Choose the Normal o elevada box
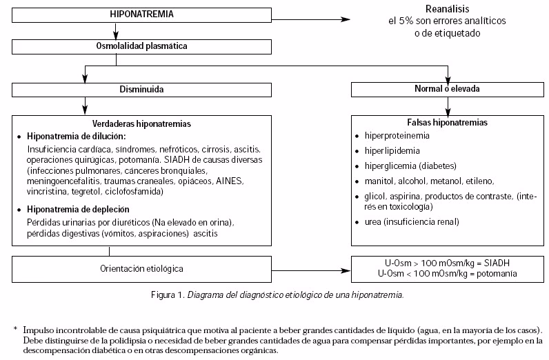(448, 89)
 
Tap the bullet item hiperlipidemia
(392, 150)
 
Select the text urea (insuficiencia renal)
(412, 221)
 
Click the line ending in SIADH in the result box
(448, 263)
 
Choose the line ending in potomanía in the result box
(448, 274)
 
